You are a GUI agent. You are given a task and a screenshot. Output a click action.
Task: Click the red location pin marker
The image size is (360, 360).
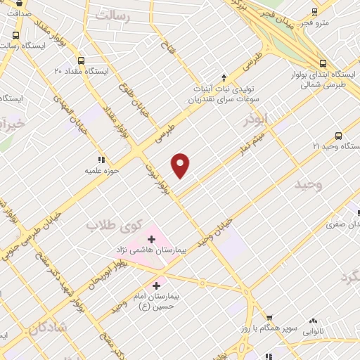(181, 165)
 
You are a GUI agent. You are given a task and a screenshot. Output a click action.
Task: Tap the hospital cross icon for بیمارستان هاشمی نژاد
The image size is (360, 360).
(151, 240)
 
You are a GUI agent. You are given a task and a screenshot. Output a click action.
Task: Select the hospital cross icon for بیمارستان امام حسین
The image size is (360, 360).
(156, 286)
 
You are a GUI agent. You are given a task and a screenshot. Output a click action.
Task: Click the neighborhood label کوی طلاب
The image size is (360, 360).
(110, 226)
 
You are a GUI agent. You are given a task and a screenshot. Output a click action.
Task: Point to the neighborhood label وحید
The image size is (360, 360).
(308, 184)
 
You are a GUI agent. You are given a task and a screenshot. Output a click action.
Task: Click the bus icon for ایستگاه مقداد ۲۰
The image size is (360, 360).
(82, 60)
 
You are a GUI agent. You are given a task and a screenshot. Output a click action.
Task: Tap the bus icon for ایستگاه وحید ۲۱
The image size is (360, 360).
(339, 136)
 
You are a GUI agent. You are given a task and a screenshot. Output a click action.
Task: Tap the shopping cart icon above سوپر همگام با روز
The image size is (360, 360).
(268, 319)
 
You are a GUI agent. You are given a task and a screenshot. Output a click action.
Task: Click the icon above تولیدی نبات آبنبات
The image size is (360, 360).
(224, 78)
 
